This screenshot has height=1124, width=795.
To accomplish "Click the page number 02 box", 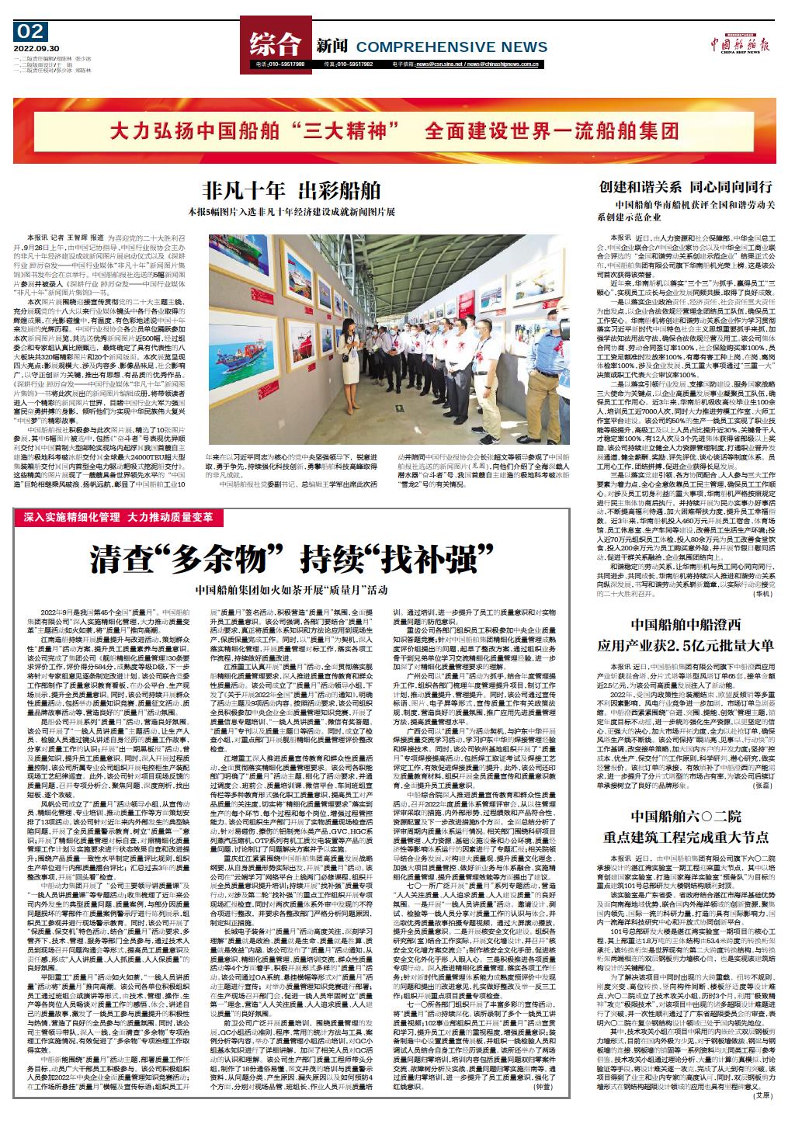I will tap(30, 33).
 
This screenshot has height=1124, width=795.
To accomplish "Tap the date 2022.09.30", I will tap(30, 47).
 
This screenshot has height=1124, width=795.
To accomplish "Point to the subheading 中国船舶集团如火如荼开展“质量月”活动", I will tap(292, 590).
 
